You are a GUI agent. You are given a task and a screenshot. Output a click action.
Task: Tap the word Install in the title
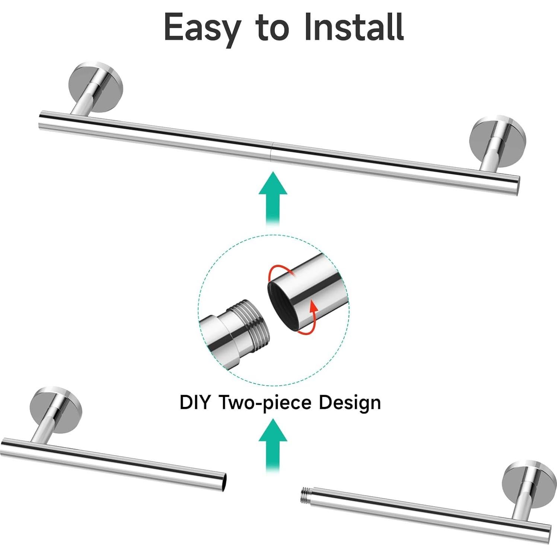[354, 26]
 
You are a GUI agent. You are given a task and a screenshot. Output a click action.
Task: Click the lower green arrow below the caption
[273, 445]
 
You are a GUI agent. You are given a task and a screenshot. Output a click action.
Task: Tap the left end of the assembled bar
[41, 120]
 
